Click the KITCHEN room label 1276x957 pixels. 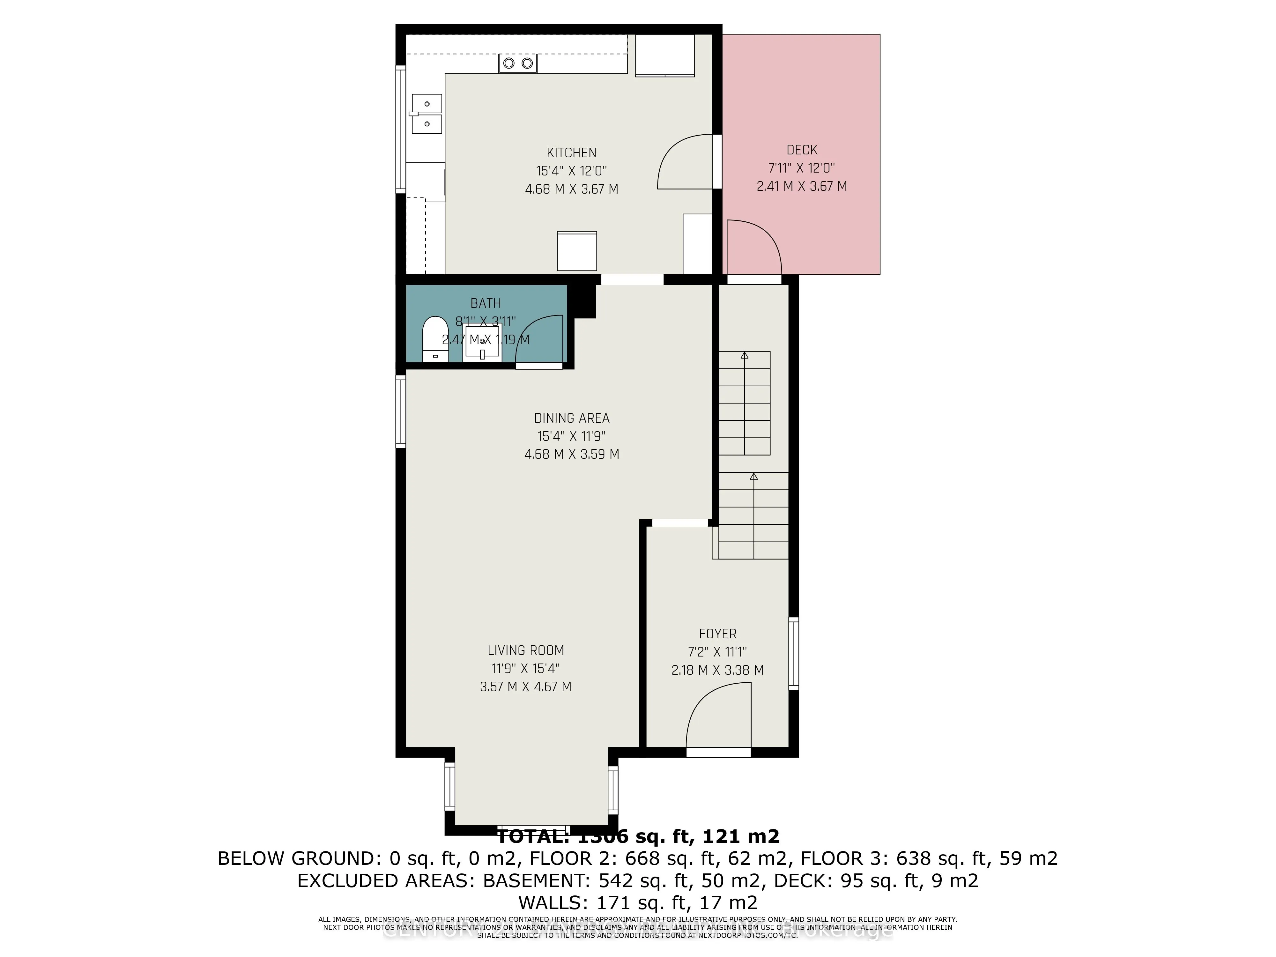tap(571, 153)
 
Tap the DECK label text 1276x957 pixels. tap(802, 150)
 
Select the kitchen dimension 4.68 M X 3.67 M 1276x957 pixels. tap(571, 189)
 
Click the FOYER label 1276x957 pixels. tap(718, 634)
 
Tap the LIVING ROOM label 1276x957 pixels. tap(525, 651)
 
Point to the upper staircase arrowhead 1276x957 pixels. tap(744, 356)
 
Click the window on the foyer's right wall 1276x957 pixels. tap(794, 654)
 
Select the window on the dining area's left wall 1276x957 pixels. tap(400, 411)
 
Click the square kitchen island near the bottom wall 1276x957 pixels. tap(577, 251)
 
